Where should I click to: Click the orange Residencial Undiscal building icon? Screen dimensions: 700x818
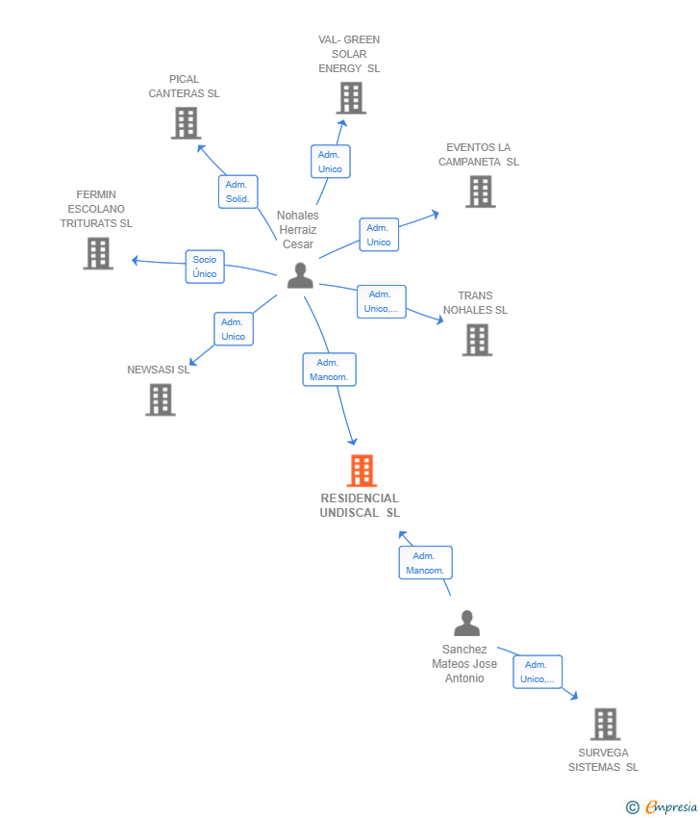pos(362,471)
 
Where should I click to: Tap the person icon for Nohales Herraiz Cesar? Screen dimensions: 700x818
pos(300,276)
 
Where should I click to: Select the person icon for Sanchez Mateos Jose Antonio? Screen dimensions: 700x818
pos(466,624)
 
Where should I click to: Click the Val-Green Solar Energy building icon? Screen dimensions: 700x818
pos(351,98)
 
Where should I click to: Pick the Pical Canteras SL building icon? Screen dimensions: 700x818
pos(186,123)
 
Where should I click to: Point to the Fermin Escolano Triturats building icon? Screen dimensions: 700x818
pos(98,253)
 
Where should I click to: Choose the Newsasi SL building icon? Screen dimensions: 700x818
pos(161,399)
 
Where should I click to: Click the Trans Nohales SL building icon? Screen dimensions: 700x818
pos(477,340)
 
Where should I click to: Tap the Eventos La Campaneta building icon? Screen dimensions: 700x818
pos(480,192)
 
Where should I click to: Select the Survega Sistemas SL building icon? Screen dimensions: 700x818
pos(605,724)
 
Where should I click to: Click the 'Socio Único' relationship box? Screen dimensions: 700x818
pos(205,267)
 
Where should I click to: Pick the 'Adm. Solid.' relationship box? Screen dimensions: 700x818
pos(237,192)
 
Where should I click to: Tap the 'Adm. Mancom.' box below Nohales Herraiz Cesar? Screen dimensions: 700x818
pos(329,370)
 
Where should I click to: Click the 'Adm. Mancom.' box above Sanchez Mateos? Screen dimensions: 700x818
pos(425,563)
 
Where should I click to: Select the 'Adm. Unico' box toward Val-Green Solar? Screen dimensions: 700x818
pos(330,162)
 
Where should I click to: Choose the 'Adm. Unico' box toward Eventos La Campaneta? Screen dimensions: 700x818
pos(379,235)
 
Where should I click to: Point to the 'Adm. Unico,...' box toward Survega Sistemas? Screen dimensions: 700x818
pos(537,672)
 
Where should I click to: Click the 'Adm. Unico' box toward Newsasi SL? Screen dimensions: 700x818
pos(234,329)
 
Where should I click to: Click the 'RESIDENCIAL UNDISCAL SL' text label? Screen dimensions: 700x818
pos(360,505)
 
